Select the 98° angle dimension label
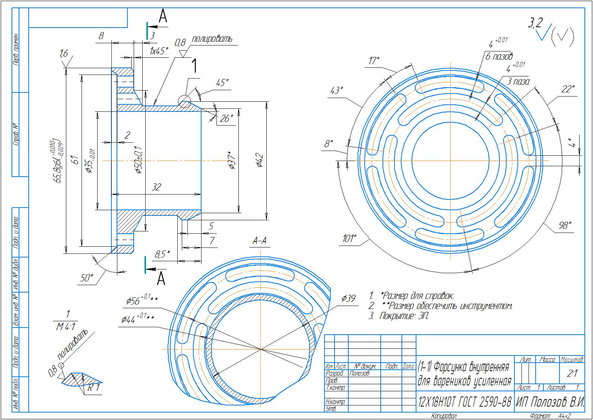pos(565,225)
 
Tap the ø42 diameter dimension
pos(260,161)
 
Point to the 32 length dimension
pos(157,187)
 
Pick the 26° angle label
pos(226,119)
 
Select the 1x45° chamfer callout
pos(159,51)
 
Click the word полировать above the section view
pos(212,39)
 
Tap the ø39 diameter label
pos(349,298)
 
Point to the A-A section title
pos(260,241)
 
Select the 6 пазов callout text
pos(499,57)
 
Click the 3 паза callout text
pos(518,81)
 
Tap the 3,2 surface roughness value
pos(535,24)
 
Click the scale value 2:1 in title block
pos(572,373)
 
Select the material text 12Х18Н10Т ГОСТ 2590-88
pos(464,402)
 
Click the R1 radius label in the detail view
pos(94,388)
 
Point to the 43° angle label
pos(336,91)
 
